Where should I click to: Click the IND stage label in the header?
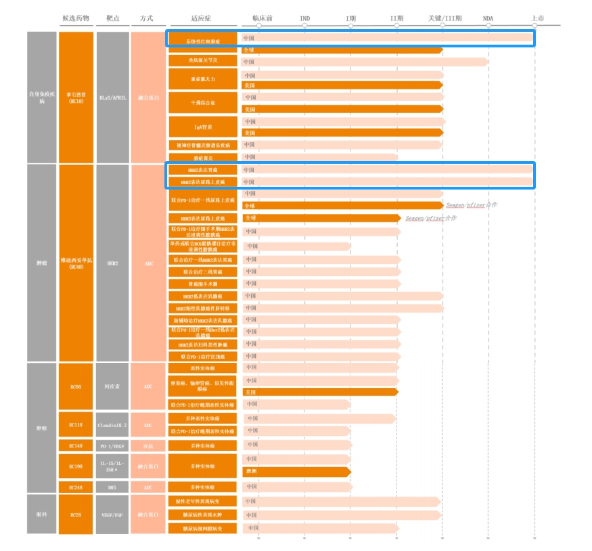pos(305,18)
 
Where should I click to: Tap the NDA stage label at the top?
pos(488,18)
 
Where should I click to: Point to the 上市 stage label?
pos(538,18)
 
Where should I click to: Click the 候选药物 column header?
pos(76,18)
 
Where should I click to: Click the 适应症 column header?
pos(202,18)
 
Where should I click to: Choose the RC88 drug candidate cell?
pos(76,387)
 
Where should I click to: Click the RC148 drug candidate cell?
pos(76,445)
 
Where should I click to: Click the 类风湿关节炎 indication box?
pos(202,61)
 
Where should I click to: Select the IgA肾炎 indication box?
pos(202,127)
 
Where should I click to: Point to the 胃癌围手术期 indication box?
pos(202,284)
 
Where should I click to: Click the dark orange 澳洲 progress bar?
pos(296,471)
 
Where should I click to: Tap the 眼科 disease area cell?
pos(42,514)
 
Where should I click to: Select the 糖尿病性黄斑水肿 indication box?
pos(202,514)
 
